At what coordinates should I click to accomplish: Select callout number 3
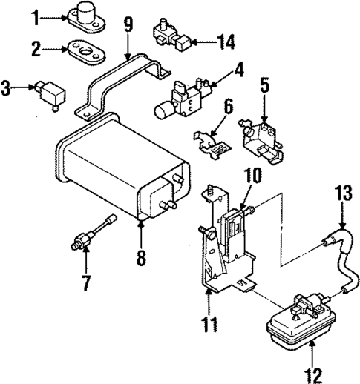(7, 89)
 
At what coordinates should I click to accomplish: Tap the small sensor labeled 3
(50, 94)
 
